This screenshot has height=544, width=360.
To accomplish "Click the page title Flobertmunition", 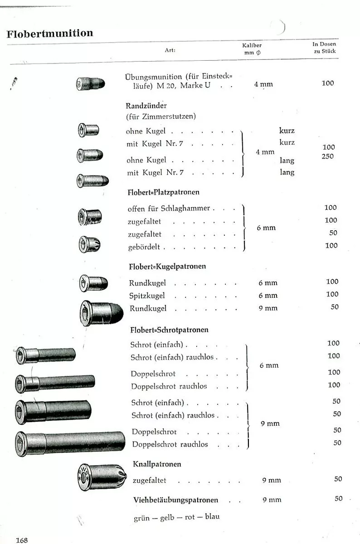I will pos(50,34).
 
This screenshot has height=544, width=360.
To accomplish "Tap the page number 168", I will pos(22,540).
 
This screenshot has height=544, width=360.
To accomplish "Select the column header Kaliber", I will pos(252,45).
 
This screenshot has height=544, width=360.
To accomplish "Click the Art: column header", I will pos(170,50).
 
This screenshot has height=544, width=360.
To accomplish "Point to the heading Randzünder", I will pos(143,106).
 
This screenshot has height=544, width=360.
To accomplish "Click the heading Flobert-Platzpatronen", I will pos(164,192).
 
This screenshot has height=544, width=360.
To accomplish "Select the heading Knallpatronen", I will pos(157,464).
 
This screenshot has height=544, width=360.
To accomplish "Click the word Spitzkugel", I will pos(147,296).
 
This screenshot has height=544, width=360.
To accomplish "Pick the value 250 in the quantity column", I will pos(327,156).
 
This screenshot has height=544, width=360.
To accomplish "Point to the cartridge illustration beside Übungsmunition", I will pos(91,84).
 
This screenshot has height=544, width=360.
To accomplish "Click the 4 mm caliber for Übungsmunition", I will pos(263,84).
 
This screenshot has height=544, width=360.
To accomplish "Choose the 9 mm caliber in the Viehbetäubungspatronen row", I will pos(272,500).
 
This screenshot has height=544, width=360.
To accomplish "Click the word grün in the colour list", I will pos(143,517).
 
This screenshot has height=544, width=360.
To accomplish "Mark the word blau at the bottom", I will pos(212,516).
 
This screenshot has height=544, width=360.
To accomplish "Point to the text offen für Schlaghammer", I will pos(169,209).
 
